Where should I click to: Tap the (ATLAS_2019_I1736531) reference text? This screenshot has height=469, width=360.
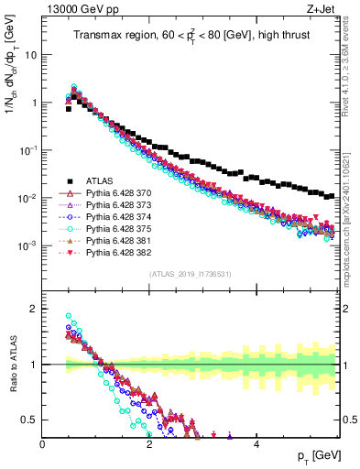point(190,273)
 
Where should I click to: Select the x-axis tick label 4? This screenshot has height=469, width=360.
point(256,443)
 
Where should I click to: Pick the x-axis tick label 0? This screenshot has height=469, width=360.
point(43,443)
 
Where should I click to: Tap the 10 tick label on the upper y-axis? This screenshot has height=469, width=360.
point(29,55)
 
